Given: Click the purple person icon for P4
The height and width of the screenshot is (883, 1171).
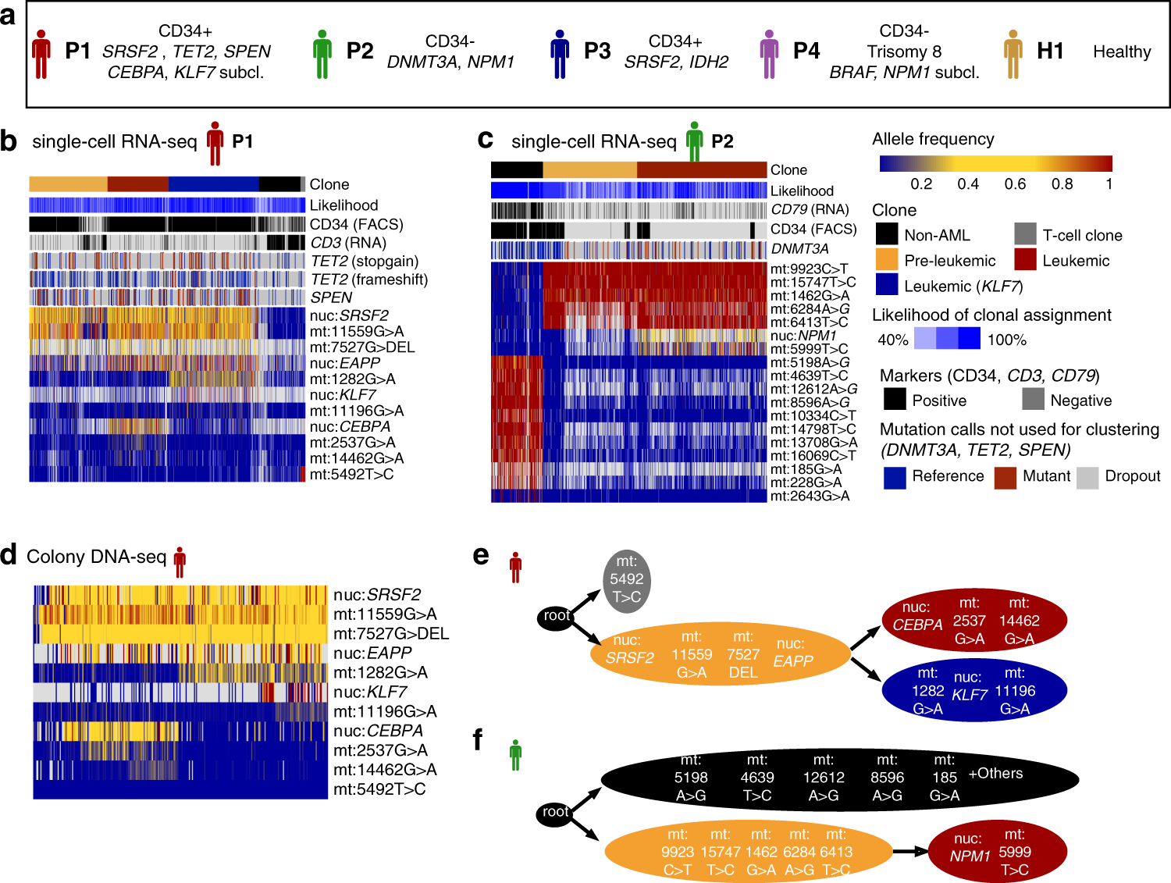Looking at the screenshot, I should tap(769, 54).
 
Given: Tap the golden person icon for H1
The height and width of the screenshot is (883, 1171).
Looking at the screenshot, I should tap(1013, 54).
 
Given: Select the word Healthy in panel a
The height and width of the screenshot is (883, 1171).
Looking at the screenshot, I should tap(1121, 52).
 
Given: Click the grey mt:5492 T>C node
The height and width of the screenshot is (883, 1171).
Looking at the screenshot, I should tap(626, 579).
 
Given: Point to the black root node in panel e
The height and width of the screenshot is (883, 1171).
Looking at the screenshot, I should tap(556, 616).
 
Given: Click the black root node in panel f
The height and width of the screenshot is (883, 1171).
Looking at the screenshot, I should tap(555, 813).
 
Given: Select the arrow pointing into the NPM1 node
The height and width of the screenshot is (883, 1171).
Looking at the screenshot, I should tap(909, 852).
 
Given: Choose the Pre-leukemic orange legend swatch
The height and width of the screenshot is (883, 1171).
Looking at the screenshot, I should tap(886, 261).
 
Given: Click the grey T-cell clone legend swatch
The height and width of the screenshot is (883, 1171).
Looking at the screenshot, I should tap(1025, 235).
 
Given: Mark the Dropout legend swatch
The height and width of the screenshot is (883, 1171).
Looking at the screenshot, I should tap(1087, 477).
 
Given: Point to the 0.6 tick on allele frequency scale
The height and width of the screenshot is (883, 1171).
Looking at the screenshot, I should tap(1015, 183).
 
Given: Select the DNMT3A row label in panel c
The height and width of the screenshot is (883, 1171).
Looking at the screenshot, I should tap(799, 249).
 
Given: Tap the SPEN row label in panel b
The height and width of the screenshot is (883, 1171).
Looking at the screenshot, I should tap(331, 297).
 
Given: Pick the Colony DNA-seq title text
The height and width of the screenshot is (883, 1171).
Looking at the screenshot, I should tap(96, 557).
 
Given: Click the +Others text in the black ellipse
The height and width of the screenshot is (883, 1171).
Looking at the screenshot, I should tap(995, 774).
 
